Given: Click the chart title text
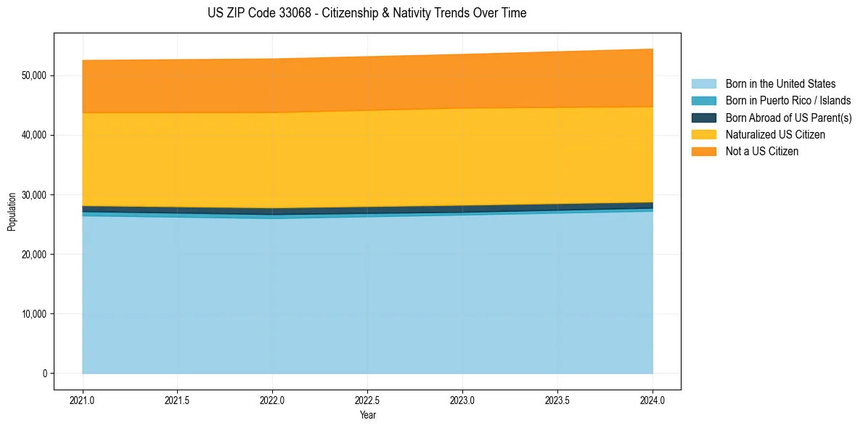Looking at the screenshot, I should tap(367, 13).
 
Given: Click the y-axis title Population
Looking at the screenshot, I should tap(12, 211).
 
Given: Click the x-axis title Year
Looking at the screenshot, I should tap(367, 415).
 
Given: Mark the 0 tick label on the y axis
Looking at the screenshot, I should tap(44, 374).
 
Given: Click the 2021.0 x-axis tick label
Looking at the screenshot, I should tap(83, 400).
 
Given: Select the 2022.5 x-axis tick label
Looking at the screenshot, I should tap(367, 400).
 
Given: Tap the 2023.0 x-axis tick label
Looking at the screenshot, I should tap(462, 400).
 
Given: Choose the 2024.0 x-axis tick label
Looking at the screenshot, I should tap(653, 400).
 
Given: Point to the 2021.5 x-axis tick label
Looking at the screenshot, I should tap(178, 400).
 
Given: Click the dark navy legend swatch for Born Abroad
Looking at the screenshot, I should tap(703, 118).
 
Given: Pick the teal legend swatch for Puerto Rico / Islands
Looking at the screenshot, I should tap(703, 101).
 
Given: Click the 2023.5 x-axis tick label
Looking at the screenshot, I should tap(557, 400).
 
